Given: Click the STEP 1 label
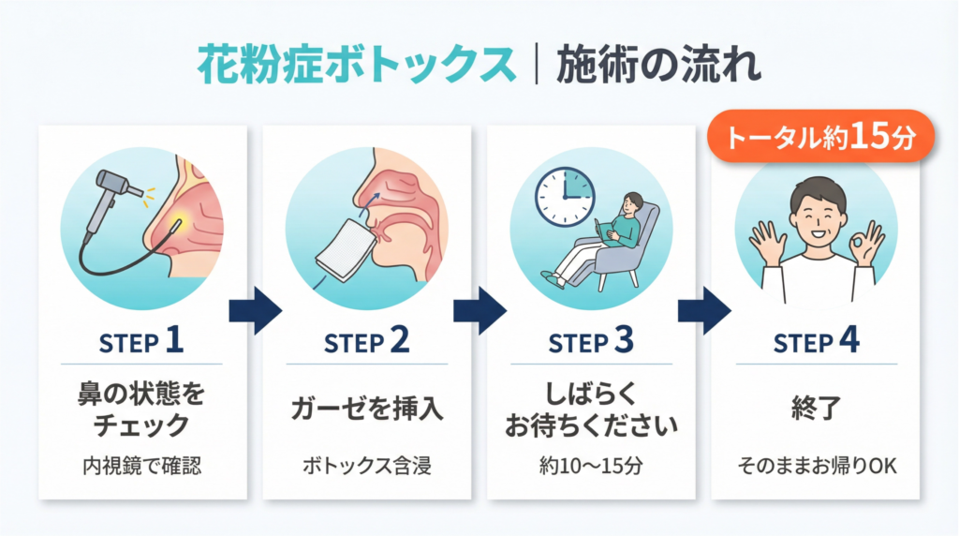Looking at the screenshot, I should [141, 342].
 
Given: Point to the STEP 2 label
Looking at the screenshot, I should [366, 342].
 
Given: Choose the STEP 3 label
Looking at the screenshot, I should [591, 342].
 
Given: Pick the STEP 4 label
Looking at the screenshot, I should [816, 342].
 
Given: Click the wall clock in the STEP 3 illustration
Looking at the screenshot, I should [565, 197].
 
